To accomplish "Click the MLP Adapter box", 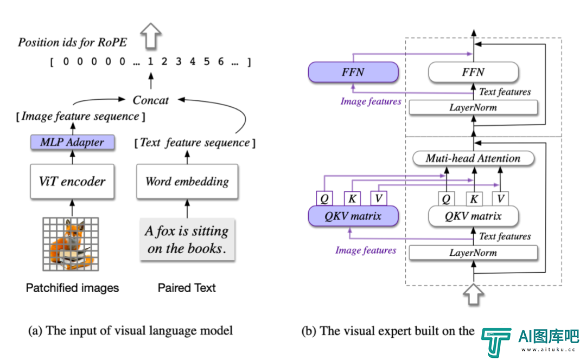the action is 73,142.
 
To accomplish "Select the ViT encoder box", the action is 72,182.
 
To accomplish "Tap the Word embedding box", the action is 187,182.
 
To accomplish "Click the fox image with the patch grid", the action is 71,244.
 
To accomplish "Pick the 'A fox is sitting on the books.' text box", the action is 187,240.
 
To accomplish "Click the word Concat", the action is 151,100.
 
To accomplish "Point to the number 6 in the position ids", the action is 221,62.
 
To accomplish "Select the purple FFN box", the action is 353,72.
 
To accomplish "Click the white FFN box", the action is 474,72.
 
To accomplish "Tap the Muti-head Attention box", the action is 473,158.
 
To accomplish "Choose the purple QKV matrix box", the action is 353,216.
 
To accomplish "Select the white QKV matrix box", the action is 474,216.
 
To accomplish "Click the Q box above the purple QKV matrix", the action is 324,198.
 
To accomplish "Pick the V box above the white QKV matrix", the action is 501,198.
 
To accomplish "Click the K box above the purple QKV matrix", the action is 352,198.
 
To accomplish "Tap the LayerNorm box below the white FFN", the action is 473,107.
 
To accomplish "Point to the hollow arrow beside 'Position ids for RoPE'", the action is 151,36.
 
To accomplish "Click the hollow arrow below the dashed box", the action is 474,294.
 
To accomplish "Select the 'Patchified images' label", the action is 72,288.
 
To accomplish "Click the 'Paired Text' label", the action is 187,288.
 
